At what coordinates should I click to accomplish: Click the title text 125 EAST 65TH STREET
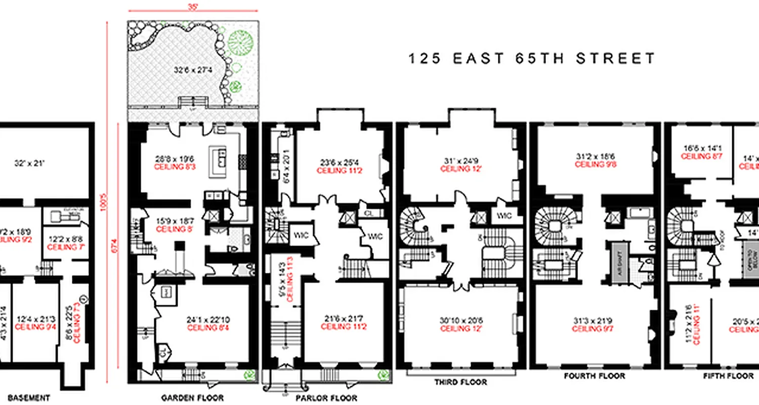tap(531, 59)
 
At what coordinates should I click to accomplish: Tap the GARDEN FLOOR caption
tap(192, 397)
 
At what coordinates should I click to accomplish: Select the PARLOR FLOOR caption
tap(326, 398)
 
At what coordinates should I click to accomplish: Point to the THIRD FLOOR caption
tap(460, 382)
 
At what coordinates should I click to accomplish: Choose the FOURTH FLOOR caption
tap(595, 376)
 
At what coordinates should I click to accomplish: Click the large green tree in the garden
tap(239, 43)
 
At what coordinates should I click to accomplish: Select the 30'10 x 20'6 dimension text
tap(461, 320)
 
